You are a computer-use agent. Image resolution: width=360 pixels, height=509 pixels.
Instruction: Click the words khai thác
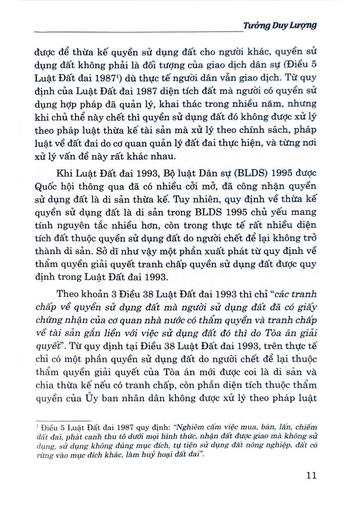click(x=178, y=104)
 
